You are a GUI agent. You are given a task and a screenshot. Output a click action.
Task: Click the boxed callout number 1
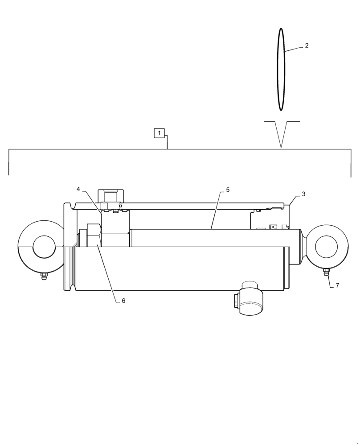159,133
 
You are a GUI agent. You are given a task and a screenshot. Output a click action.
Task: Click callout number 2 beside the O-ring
307,45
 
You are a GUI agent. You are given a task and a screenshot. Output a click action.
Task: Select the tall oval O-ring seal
281,69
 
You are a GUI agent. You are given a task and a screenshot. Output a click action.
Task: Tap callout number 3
303,194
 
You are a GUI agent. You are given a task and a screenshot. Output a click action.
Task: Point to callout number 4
78,189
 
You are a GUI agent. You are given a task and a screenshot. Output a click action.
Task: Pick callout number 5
228,190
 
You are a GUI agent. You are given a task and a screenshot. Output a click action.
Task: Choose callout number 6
123,301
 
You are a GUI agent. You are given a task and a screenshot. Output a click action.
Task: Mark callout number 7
337,285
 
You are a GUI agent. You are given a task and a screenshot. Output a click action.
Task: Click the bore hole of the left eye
44,247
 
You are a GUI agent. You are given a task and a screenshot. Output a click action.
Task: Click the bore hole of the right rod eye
326,247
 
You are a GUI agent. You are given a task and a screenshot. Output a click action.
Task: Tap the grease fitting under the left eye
44,277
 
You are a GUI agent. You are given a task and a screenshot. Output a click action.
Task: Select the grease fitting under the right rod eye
326,273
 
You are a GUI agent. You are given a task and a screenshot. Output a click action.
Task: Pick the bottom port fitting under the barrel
250,300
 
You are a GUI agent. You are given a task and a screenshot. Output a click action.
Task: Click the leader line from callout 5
216,210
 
